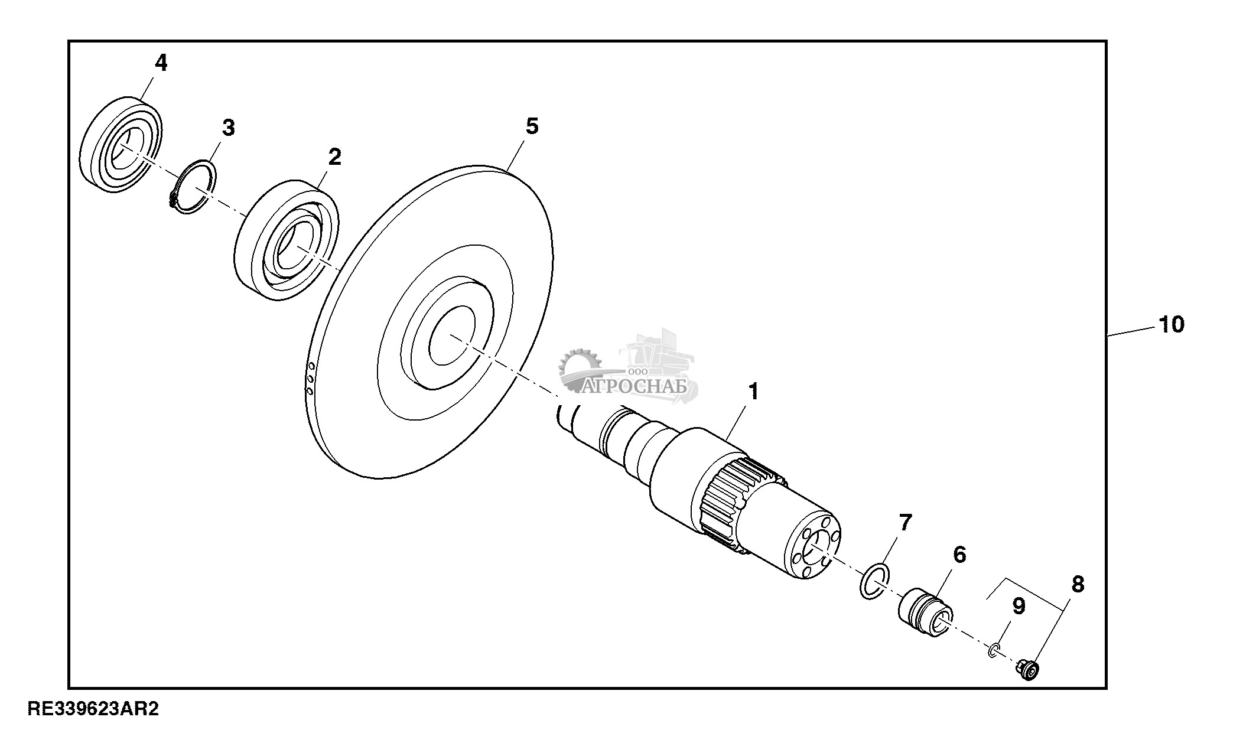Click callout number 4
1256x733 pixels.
click(161, 63)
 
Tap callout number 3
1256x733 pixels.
click(228, 127)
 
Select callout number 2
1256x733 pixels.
click(334, 157)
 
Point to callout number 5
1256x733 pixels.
click(532, 126)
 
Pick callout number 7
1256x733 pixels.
click(905, 522)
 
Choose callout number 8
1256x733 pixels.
click(1078, 585)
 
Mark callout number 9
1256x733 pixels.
click(1019, 606)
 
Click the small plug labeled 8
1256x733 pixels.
click(1029, 670)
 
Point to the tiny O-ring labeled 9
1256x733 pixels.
click(994, 650)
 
